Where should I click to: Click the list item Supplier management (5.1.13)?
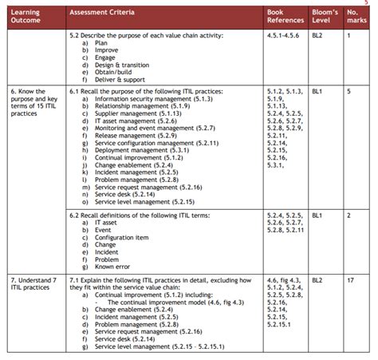pos(133,114)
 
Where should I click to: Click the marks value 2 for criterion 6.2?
pos(349,215)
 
